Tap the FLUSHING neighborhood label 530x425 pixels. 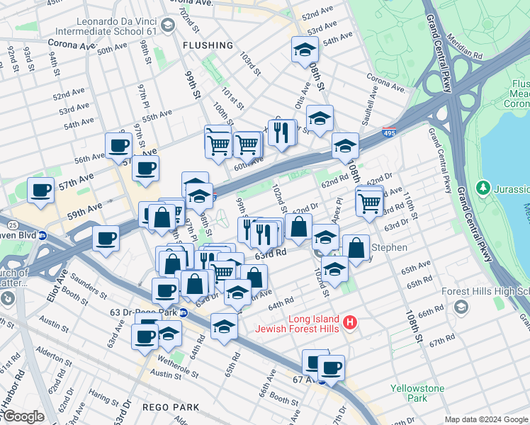207,45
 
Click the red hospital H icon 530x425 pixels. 349,324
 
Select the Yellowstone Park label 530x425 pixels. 418,393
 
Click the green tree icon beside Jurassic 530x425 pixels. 483,188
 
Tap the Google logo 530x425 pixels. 23,416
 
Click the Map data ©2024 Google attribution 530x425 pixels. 486,419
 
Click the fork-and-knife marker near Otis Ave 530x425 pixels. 282,132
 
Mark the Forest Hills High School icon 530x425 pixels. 462,306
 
